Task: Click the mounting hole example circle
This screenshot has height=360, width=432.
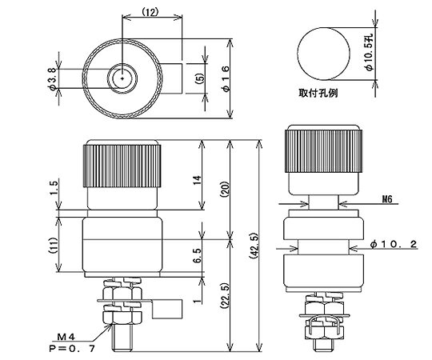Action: point(322,55)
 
